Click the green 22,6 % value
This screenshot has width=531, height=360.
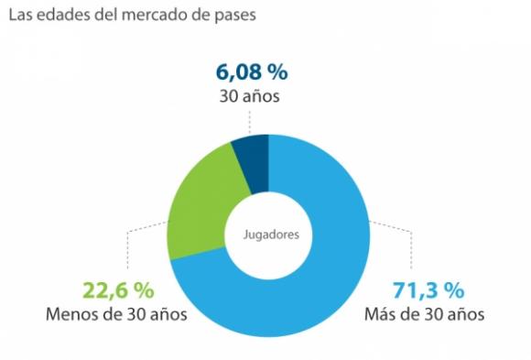(x=116, y=290)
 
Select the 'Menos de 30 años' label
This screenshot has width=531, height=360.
(x=116, y=315)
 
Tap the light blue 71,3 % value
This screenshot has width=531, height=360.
(x=427, y=290)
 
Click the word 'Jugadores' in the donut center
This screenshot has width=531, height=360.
(x=270, y=234)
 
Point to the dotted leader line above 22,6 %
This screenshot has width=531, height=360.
(x=127, y=247)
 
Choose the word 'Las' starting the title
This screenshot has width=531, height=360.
(x=20, y=16)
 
